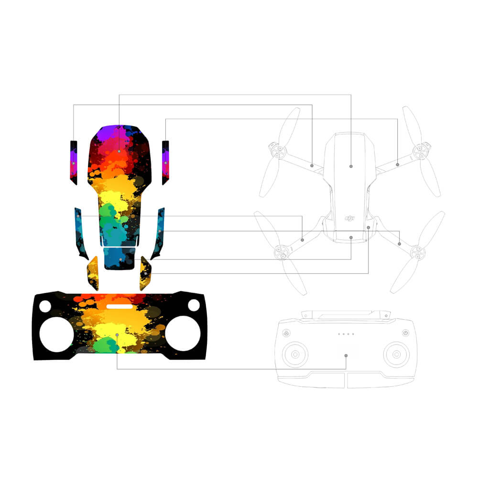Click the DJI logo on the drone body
pyautogui.click(x=349, y=218)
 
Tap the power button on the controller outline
pyautogui.click(x=405, y=333)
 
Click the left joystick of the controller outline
pyautogui.click(x=295, y=354)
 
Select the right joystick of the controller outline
pyautogui.click(x=396, y=354)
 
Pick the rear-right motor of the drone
pyautogui.click(x=417, y=252)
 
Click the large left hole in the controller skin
pyautogui.click(x=57, y=335)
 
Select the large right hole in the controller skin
pyautogui.click(x=183, y=333)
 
